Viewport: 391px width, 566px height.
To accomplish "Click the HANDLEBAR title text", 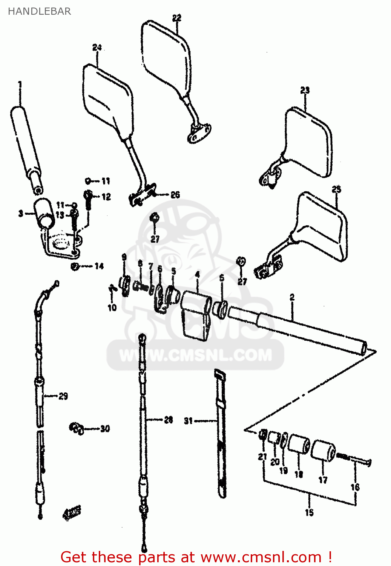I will tap(39, 11).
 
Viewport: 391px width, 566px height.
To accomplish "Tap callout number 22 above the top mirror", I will tap(176, 18).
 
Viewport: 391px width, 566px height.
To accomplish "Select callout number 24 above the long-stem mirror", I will tap(97, 48).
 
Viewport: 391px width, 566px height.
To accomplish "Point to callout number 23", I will tap(305, 90).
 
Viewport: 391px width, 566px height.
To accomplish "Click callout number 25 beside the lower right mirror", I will tap(336, 189).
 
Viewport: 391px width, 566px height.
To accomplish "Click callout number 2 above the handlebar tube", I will tap(292, 297).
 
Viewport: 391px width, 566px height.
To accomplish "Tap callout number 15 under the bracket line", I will tap(309, 512).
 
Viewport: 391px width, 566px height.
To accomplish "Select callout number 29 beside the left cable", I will tap(63, 396).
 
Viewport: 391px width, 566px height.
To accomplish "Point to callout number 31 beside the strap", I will tap(188, 420).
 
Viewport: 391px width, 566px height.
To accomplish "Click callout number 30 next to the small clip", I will tap(105, 429).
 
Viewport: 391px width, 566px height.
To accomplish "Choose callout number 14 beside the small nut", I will tap(99, 266).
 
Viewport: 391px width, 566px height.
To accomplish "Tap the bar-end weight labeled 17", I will tap(324, 450).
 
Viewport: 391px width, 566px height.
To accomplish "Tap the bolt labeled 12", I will tap(88, 200).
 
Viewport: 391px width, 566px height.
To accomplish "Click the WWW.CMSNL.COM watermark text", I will tap(195, 355).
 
